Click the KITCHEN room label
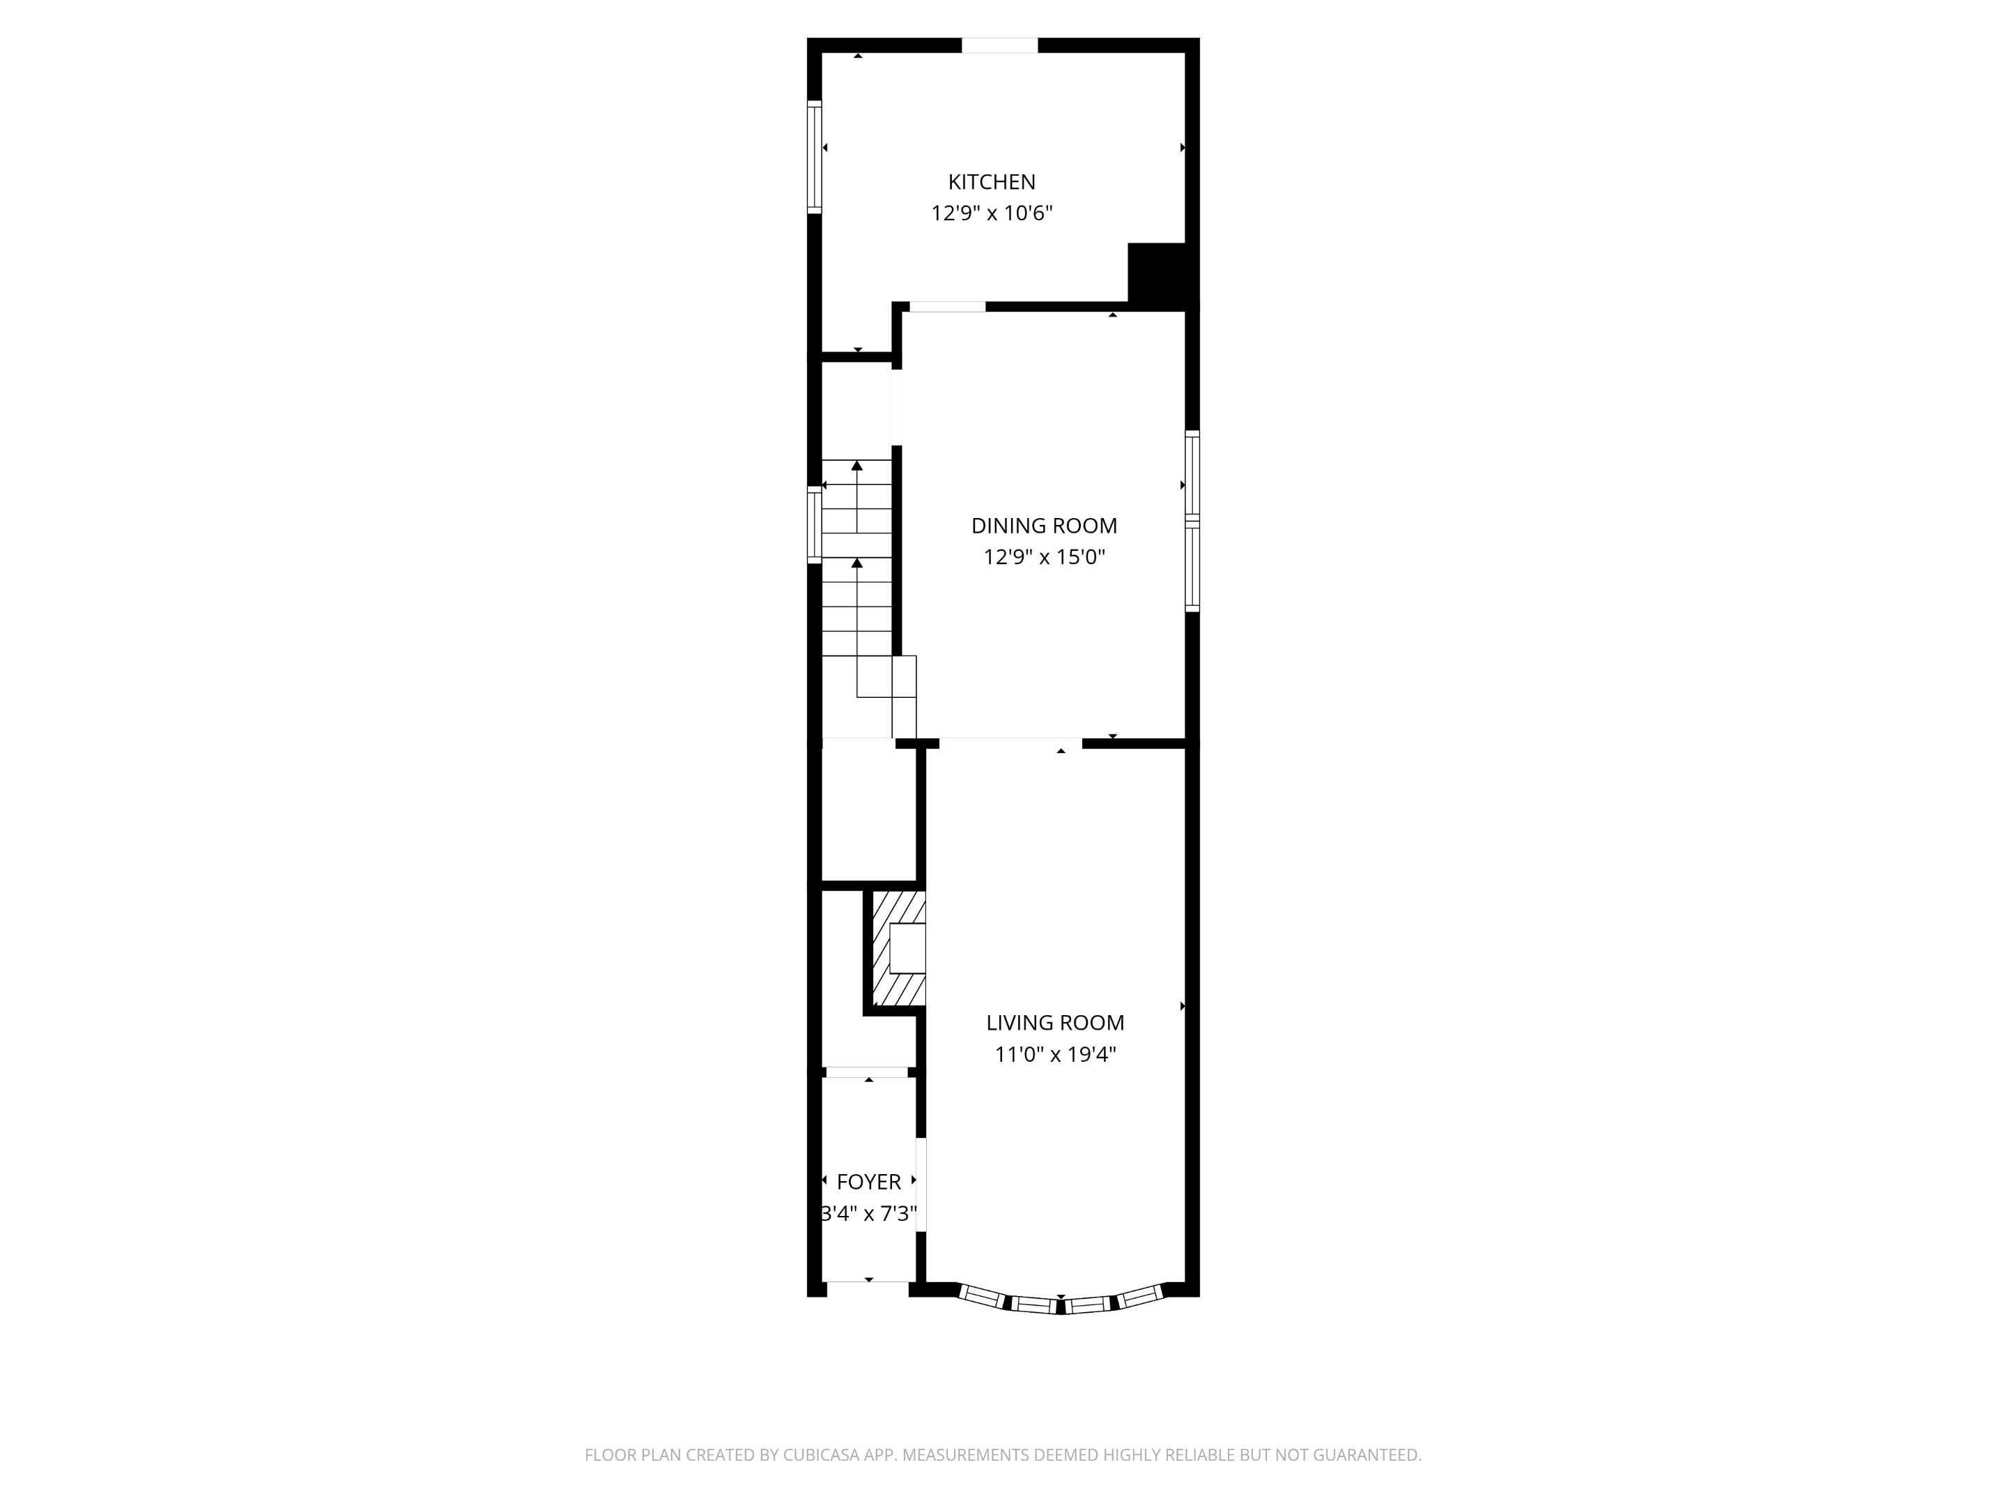point(991,181)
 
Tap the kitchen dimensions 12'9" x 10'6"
point(991,213)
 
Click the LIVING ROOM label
point(1054,1022)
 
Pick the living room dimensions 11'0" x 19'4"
point(1054,1054)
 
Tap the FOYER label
point(868,1181)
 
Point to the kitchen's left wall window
point(815,157)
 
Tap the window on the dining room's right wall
point(1192,520)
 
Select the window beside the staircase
point(815,525)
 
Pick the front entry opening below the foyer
point(866,1288)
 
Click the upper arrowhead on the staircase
point(856,466)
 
